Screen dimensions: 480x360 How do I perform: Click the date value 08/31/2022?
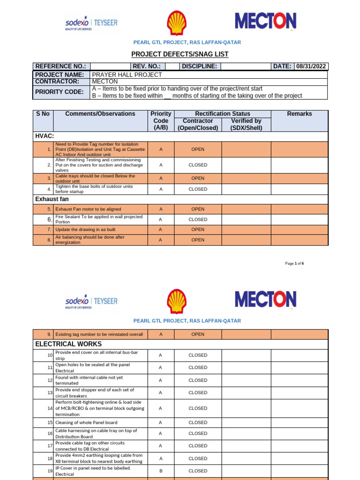(x=312, y=67)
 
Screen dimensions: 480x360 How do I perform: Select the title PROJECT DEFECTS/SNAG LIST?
(x=180, y=54)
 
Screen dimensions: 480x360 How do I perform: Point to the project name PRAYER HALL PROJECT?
(x=127, y=75)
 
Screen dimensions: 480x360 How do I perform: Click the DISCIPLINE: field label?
(x=199, y=67)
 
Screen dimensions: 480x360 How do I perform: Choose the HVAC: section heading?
(x=45, y=136)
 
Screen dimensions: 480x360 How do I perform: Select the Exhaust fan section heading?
(x=52, y=199)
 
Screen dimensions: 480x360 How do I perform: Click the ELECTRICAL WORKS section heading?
(x=68, y=344)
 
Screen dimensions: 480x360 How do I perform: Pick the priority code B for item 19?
(x=161, y=471)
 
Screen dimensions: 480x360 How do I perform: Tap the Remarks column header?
(x=300, y=114)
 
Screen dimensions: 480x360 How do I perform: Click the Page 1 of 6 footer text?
(x=294, y=263)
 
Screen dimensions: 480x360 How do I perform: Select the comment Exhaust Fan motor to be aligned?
(x=88, y=209)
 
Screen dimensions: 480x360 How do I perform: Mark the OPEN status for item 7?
(x=198, y=230)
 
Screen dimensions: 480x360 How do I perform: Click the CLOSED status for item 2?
(x=198, y=165)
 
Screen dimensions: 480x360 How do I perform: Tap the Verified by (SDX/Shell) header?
(x=246, y=124)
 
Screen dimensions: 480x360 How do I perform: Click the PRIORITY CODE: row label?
(x=60, y=92)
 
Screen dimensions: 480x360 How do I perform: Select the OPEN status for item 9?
(x=198, y=334)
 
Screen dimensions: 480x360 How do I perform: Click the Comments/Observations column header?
(x=100, y=114)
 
